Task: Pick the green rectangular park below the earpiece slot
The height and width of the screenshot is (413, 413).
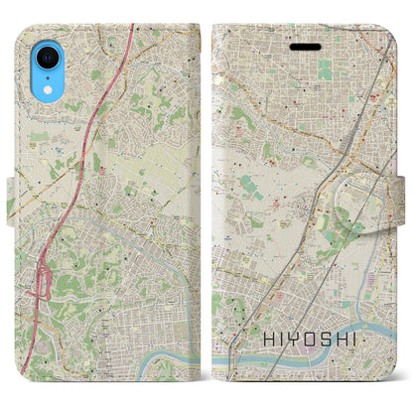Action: point(325,69)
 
